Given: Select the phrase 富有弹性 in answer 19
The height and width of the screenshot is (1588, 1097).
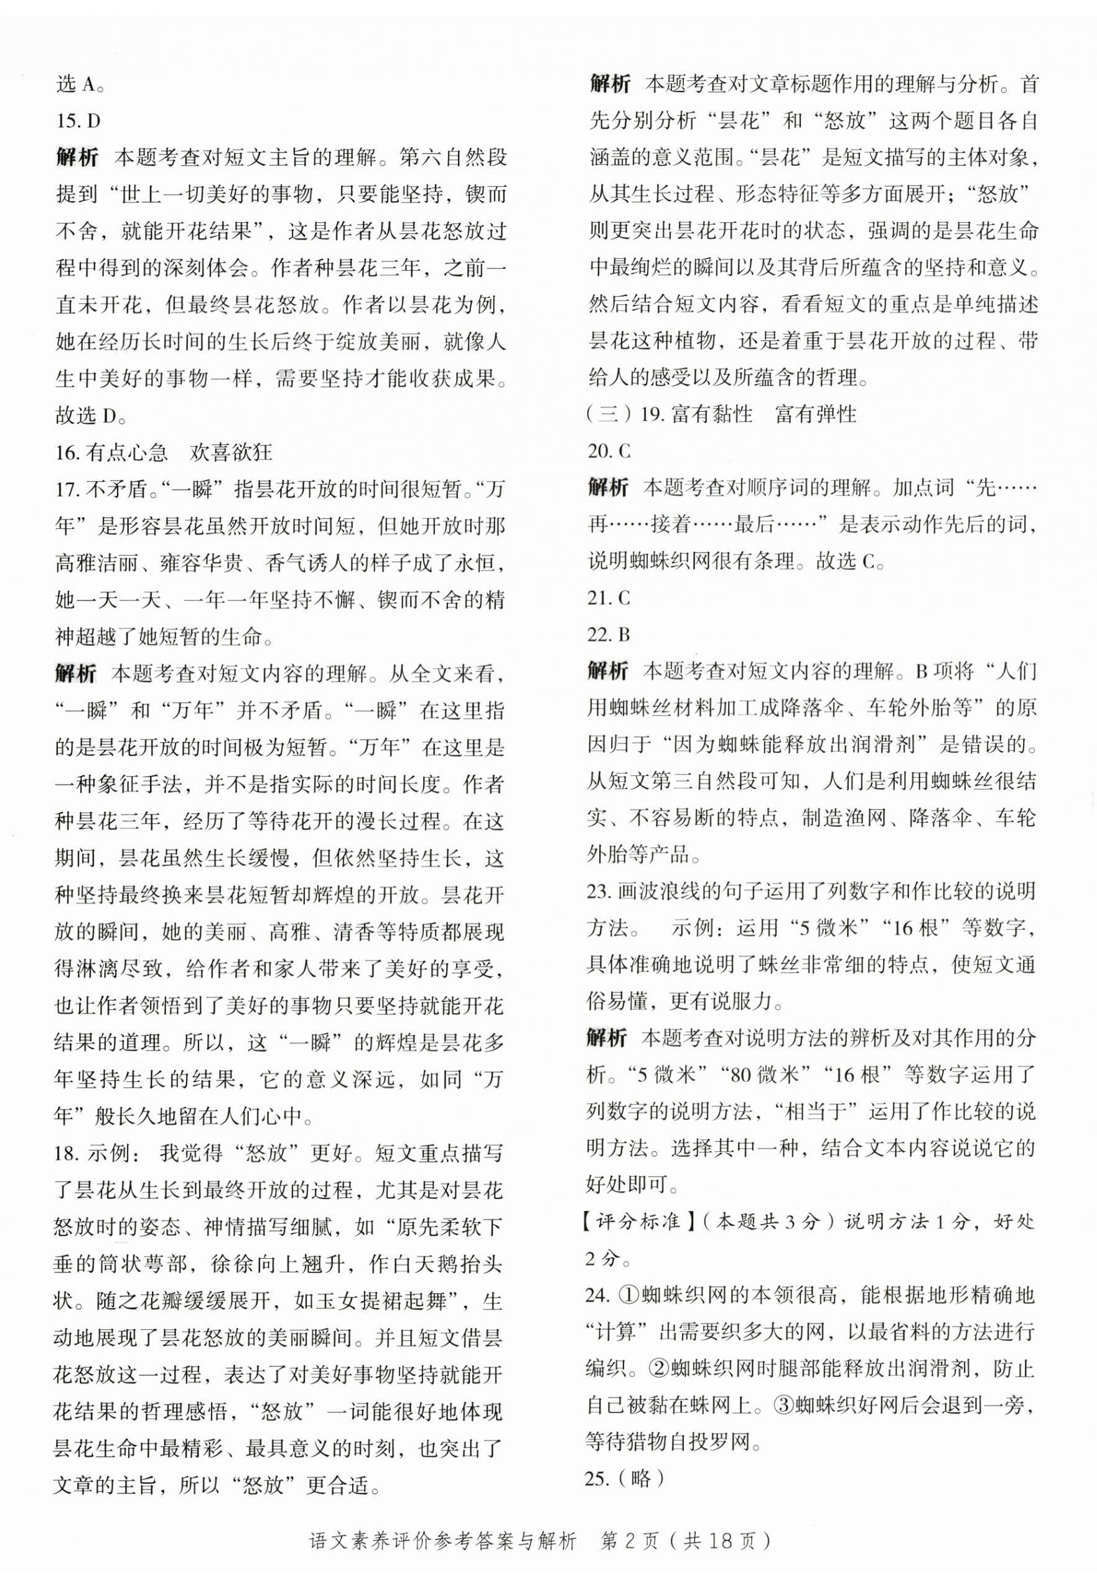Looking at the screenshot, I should pyautogui.click(x=816, y=414).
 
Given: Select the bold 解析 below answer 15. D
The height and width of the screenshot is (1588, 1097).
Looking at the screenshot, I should pyautogui.click(x=77, y=157).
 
